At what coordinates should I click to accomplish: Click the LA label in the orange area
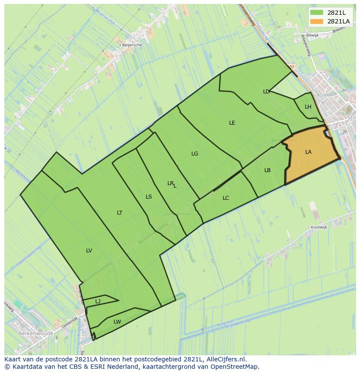pos(308,152)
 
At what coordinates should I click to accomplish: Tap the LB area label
pos(267,170)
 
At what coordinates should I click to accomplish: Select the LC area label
pos(226,198)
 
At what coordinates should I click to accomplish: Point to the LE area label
pos(232,123)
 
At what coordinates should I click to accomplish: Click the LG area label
pos(195,154)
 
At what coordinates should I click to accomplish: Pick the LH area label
pos(308,107)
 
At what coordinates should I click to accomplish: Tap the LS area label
pos(149,197)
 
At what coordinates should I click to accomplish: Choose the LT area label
pos(120,213)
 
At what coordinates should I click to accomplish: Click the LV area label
pos(89,251)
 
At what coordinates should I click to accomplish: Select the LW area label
pos(117,322)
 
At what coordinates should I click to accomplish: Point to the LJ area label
pos(98,301)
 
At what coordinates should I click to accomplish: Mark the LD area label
pos(266,92)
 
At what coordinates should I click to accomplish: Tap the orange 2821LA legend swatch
pos(317,21)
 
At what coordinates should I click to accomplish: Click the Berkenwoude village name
pos(36,334)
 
